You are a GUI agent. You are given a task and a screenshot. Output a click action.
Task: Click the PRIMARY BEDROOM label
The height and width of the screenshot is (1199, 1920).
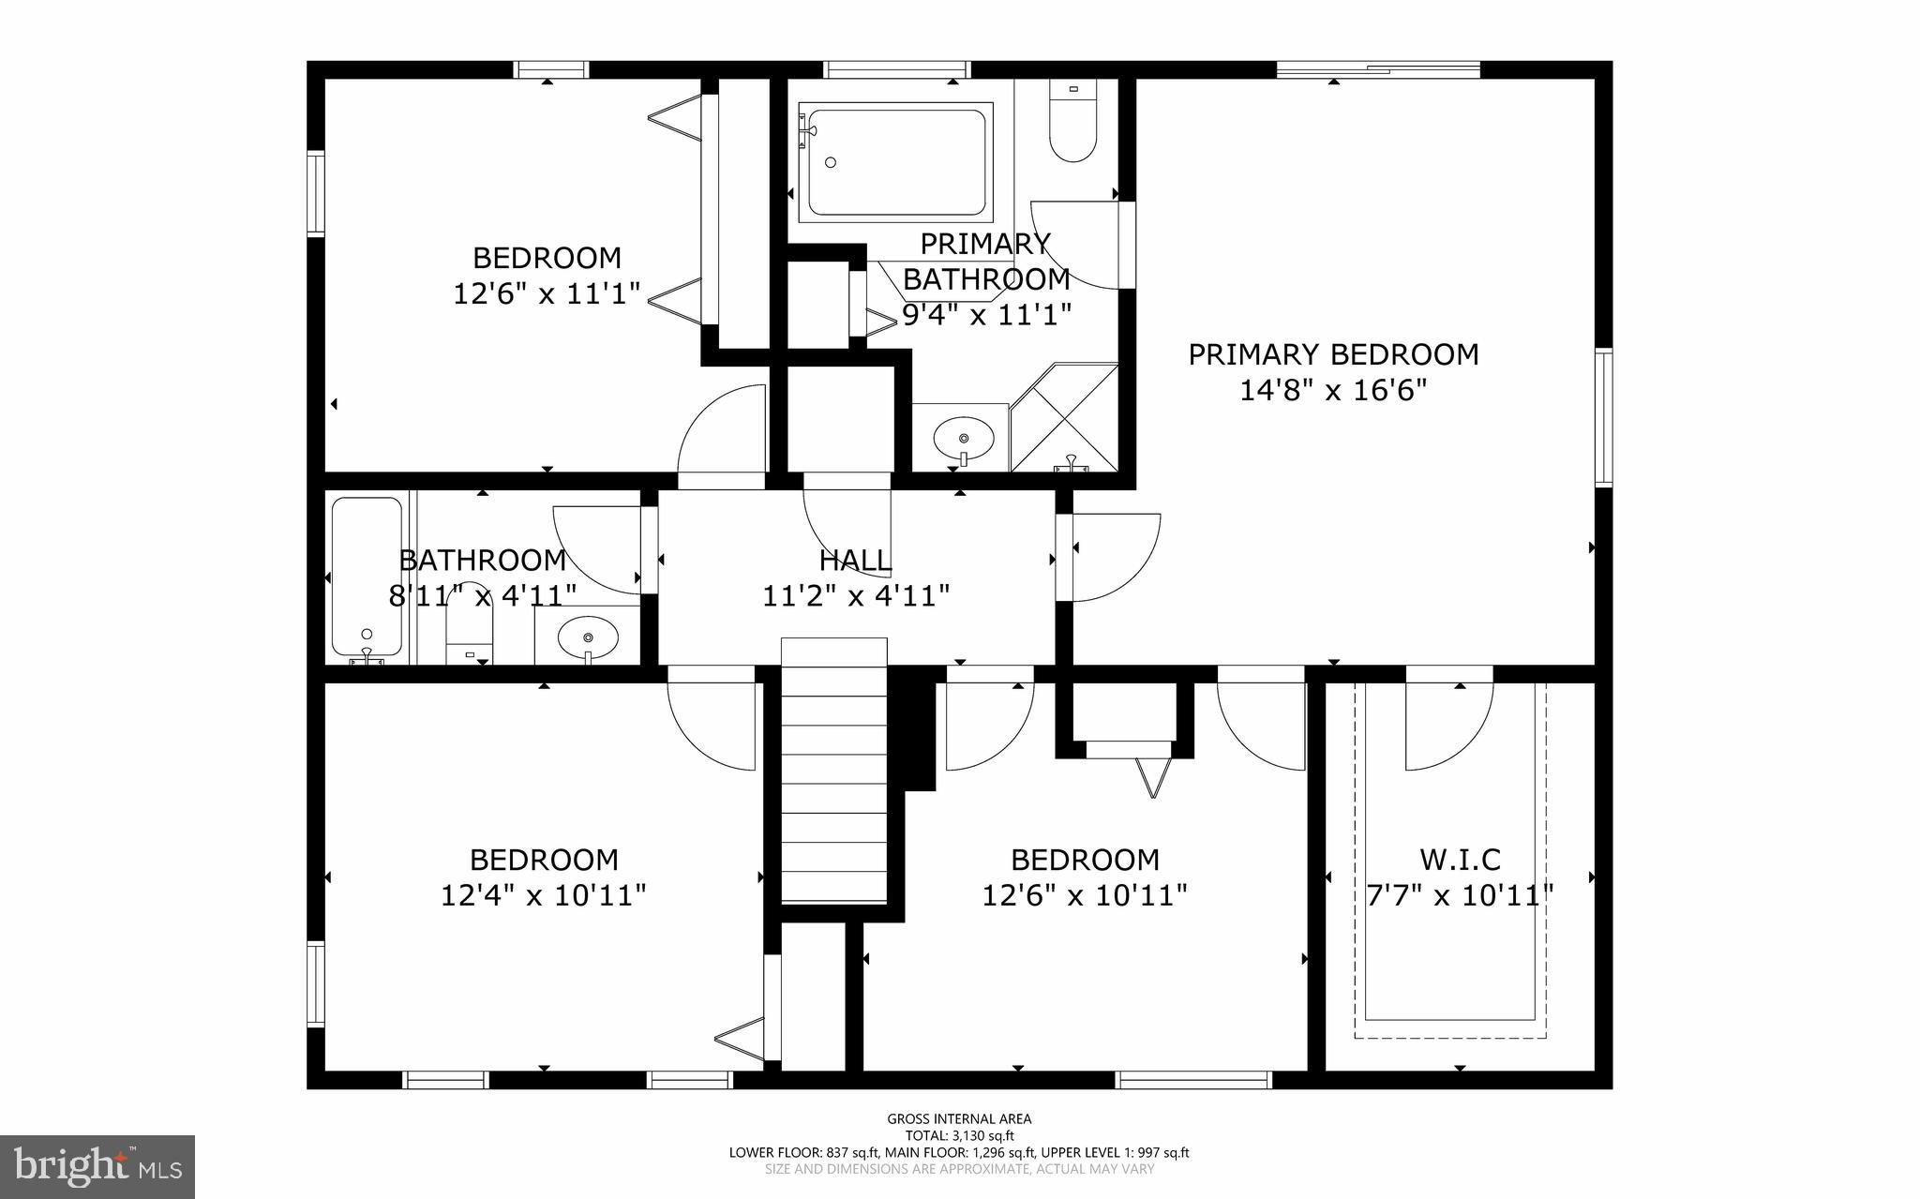1333,354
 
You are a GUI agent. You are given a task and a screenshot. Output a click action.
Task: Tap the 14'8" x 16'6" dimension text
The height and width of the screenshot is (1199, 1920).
1333,390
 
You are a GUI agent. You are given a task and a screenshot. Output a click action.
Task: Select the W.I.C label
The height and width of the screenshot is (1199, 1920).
1460,859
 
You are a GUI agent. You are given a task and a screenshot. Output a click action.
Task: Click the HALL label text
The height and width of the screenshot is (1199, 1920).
855,561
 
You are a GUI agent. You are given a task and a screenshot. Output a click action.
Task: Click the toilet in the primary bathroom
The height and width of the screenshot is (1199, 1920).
1072,127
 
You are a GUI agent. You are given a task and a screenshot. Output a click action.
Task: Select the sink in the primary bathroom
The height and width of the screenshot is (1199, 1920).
964,437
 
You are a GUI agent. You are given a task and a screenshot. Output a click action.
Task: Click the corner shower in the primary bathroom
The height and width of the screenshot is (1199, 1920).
1065,418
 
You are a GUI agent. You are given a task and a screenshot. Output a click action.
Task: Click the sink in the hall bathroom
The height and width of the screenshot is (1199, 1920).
588,638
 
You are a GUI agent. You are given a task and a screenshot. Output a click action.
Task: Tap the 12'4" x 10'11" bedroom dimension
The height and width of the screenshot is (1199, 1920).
544,895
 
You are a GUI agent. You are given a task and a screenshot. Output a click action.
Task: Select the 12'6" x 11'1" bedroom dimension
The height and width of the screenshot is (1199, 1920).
547,293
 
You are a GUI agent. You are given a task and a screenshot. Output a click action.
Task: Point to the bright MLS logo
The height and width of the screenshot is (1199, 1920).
97,1166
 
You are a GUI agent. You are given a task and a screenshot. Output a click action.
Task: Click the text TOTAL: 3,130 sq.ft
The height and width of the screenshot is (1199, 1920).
959,1135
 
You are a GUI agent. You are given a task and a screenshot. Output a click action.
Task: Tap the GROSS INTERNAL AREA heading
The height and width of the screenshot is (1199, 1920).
959,1118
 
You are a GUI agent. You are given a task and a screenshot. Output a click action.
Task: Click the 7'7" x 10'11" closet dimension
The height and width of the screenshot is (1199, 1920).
1460,895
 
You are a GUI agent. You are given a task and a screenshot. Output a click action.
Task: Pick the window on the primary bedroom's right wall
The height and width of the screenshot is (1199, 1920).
1604,417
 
